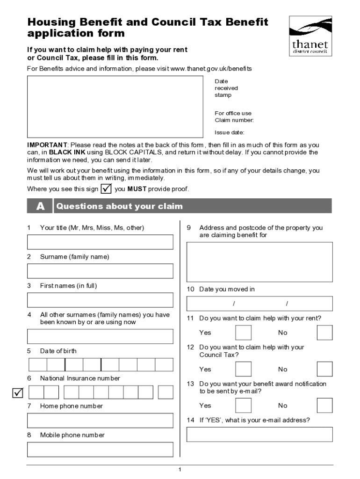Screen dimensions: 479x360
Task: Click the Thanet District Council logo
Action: point(310,36)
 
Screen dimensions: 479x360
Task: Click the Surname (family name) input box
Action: point(100,271)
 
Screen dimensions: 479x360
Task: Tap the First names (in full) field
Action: point(100,300)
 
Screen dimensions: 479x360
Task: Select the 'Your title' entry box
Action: point(100,242)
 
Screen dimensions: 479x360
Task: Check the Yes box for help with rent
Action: point(243,333)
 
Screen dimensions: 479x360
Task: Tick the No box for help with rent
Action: point(324,333)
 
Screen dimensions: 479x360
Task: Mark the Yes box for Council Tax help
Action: point(243,369)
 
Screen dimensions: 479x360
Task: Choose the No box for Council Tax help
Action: point(324,369)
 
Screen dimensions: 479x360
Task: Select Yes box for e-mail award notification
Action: point(243,406)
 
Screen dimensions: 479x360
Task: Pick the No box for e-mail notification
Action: point(324,406)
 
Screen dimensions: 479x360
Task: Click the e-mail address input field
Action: point(259,435)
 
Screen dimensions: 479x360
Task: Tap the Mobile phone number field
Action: point(100,450)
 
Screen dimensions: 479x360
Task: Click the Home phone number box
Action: point(100,421)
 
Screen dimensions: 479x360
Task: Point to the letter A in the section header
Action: point(40,206)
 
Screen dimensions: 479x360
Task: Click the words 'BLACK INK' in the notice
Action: point(64,152)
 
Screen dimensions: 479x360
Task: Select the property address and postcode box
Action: point(259,261)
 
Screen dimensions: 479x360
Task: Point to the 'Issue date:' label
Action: point(230,132)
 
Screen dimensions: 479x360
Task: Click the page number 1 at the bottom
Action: point(180,470)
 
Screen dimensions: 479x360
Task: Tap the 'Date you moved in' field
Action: point(259,304)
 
